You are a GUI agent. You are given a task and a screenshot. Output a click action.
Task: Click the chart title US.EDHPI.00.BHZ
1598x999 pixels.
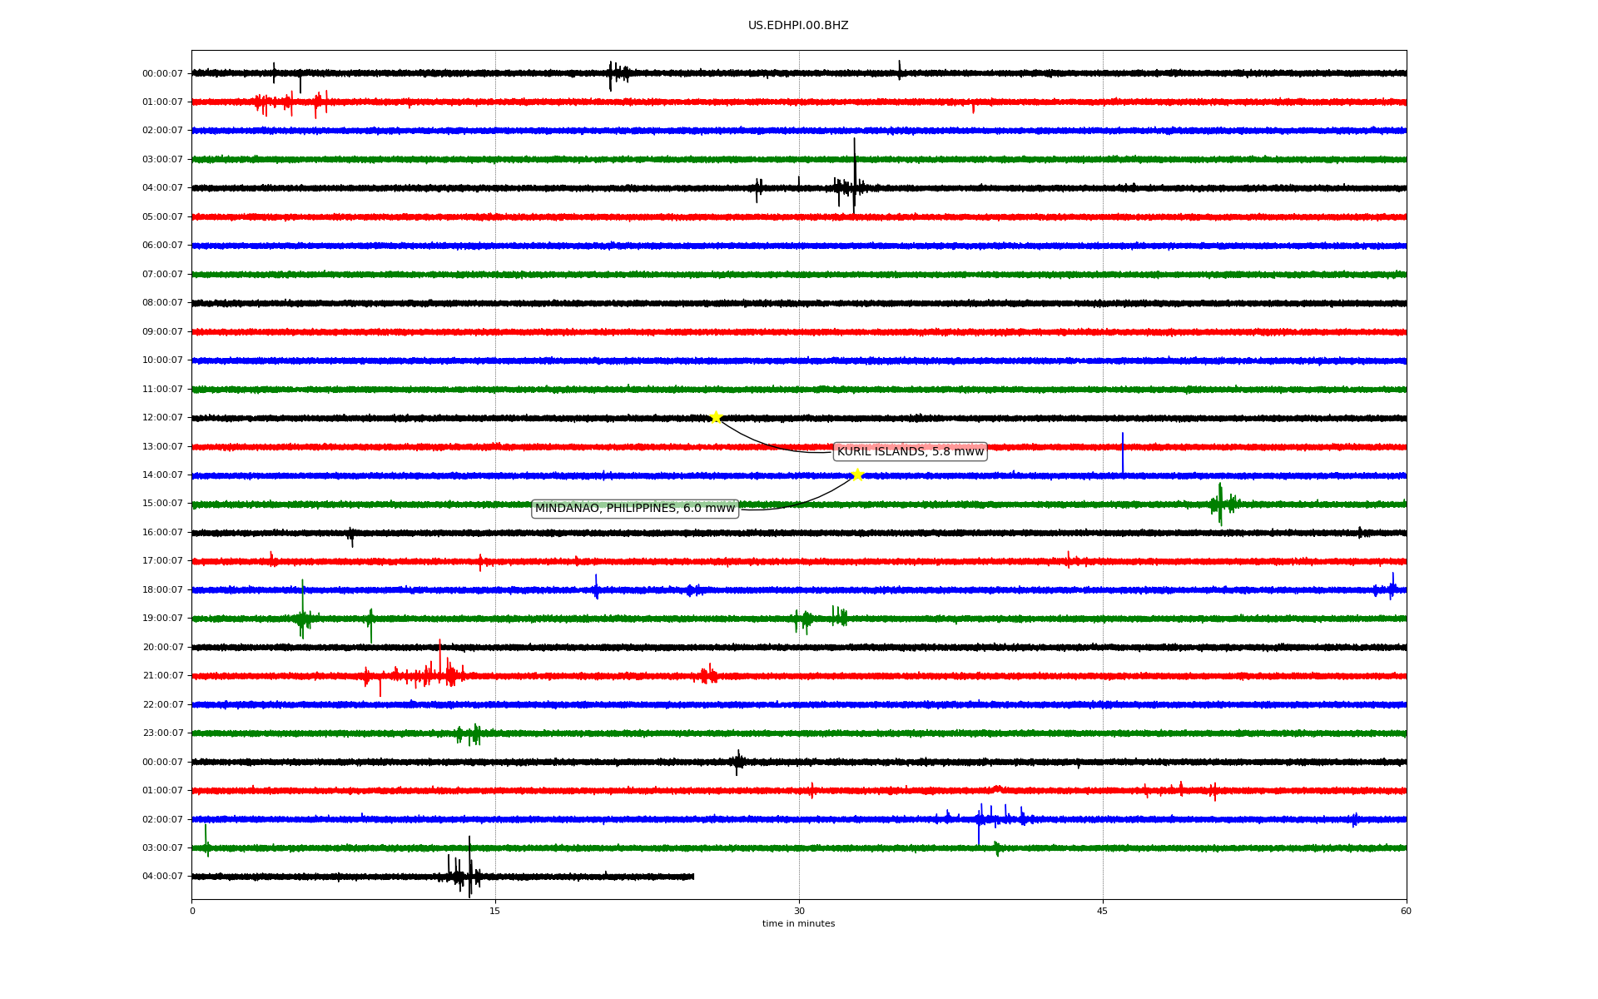point(798,26)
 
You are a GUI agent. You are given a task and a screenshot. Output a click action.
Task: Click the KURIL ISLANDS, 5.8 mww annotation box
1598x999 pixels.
point(911,452)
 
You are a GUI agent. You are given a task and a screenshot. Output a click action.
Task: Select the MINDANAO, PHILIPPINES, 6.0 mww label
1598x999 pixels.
point(635,509)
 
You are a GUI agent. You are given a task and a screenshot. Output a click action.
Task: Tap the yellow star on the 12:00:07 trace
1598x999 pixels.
point(716,417)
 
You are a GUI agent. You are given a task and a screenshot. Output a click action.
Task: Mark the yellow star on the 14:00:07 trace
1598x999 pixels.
point(857,475)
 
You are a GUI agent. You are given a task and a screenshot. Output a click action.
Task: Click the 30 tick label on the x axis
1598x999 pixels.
point(799,911)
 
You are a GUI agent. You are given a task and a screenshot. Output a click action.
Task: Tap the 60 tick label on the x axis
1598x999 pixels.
point(1406,911)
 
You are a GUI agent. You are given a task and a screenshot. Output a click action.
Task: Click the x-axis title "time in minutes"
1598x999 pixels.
point(798,924)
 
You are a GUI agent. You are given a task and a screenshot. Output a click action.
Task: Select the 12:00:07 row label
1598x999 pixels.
point(162,418)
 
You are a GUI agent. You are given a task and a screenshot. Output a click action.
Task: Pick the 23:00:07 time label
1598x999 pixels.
point(162,733)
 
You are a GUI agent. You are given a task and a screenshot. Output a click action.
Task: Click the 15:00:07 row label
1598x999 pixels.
point(162,504)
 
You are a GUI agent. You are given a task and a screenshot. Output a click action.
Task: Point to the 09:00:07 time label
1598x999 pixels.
point(162,332)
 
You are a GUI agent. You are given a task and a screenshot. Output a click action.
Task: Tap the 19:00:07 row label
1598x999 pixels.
point(162,619)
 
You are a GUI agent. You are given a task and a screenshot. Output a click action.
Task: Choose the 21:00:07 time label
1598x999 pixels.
point(162,676)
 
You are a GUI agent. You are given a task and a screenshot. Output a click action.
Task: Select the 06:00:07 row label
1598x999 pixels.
point(162,246)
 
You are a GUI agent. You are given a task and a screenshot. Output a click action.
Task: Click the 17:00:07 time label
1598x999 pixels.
point(162,561)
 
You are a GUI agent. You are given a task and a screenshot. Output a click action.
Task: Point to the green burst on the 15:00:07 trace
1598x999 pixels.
point(1223,504)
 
